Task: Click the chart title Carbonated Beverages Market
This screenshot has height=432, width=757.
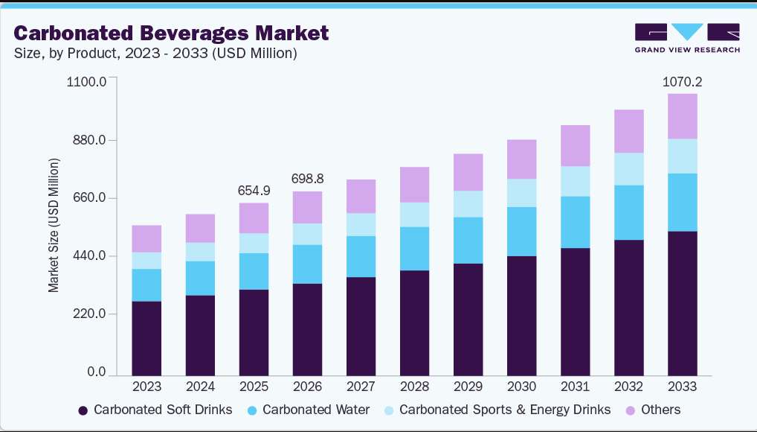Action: pyautogui.click(x=171, y=33)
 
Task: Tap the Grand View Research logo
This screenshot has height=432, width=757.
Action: pyautogui.click(x=687, y=38)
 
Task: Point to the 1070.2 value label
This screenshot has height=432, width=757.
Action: pyautogui.click(x=682, y=82)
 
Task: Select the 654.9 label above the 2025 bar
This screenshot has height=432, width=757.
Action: pyautogui.click(x=254, y=191)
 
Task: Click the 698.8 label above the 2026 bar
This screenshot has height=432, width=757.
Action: pyautogui.click(x=308, y=179)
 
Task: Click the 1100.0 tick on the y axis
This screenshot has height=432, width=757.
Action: pyautogui.click(x=86, y=82)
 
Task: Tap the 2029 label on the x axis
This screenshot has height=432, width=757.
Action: pyautogui.click(x=468, y=387)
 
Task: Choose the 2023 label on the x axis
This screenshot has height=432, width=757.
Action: pyautogui.click(x=146, y=387)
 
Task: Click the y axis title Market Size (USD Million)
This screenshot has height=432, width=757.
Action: pyautogui.click(x=53, y=226)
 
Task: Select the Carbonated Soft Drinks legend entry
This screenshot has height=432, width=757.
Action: pyautogui.click(x=155, y=410)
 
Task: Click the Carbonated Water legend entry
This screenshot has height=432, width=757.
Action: pyautogui.click(x=309, y=410)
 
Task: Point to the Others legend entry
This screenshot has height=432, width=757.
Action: pyautogui.click(x=653, y=410)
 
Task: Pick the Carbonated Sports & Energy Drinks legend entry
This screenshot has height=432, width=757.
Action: pyautogui.click(x=497, y=410)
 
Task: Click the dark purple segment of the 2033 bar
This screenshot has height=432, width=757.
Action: pyautogui.click(x=682, y=303)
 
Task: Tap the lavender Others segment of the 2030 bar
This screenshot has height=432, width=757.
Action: pyautogui.click(x=521, y=159)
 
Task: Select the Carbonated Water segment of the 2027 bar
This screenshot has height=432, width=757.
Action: pyautogui.click(x=361, y=256)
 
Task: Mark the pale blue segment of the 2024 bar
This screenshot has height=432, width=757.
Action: pyautogui.click(x=200, y=252)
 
